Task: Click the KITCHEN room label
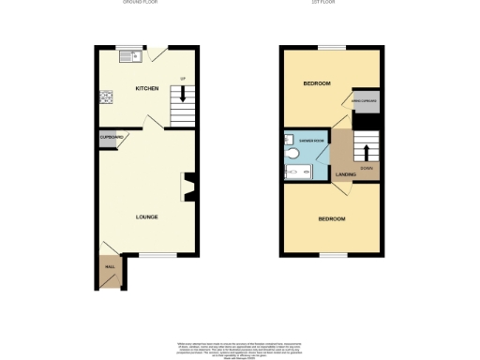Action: coord(146,89)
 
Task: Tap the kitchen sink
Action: coord(130,56)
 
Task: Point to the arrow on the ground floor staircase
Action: coord(183,93)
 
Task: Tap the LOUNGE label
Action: coord(146,217)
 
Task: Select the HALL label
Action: coord(109,267)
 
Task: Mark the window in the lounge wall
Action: coord(165,254)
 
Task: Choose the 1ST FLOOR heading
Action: coord(324,3)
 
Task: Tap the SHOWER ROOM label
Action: coord(312,140)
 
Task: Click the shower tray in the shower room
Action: coord(299,172)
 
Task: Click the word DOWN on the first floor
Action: coord(367,168)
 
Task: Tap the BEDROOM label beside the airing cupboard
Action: coord(317,83)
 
